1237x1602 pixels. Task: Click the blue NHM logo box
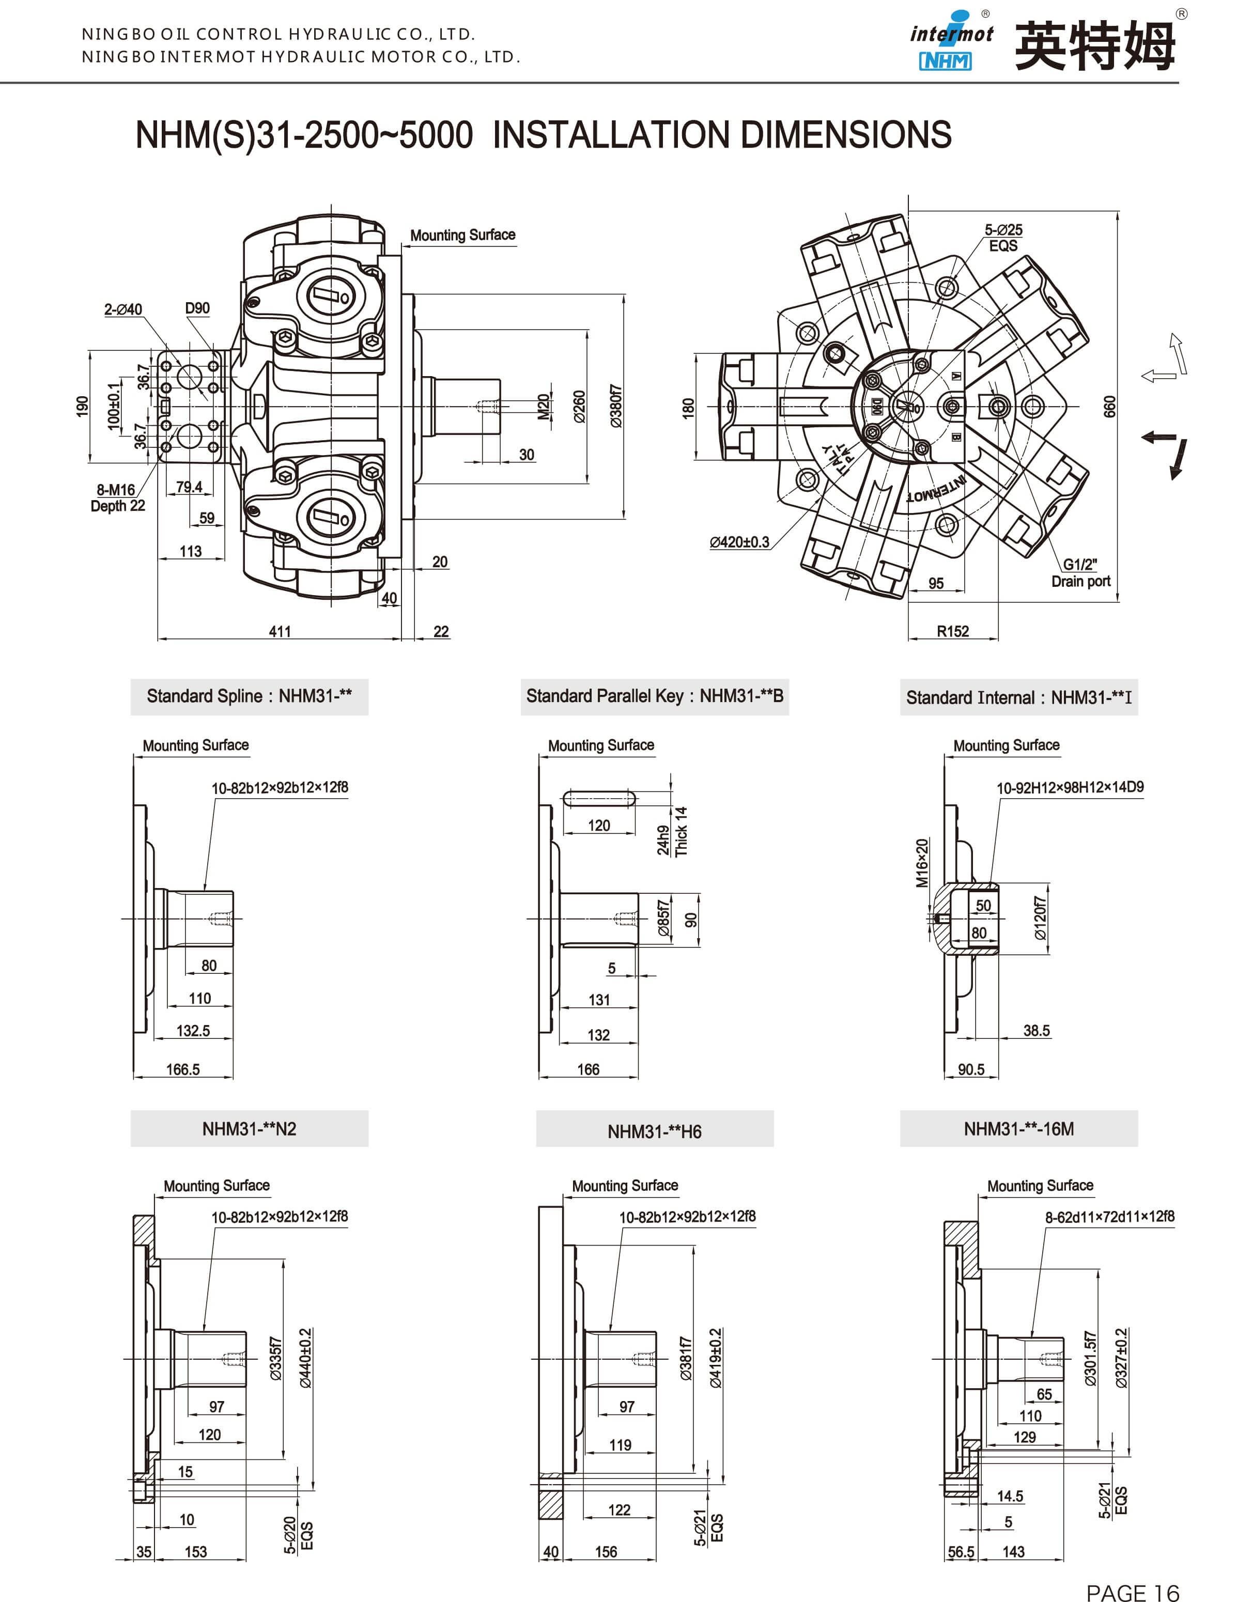coord(945,61)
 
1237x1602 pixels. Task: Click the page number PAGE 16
coord(1132,1592)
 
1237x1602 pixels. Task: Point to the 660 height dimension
coord(1109,407)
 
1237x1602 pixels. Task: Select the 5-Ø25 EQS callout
coord(1003,238)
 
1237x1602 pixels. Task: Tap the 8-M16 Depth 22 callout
coord(117,498)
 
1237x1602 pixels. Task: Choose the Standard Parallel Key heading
coord(655,696)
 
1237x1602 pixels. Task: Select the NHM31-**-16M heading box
coord(1018,1129)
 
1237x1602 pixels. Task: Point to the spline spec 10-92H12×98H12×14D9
coord(1070,787)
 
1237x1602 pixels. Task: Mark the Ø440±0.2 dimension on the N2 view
coord(305,1358)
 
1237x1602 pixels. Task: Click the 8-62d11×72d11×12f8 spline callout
coord(1109,1217)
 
